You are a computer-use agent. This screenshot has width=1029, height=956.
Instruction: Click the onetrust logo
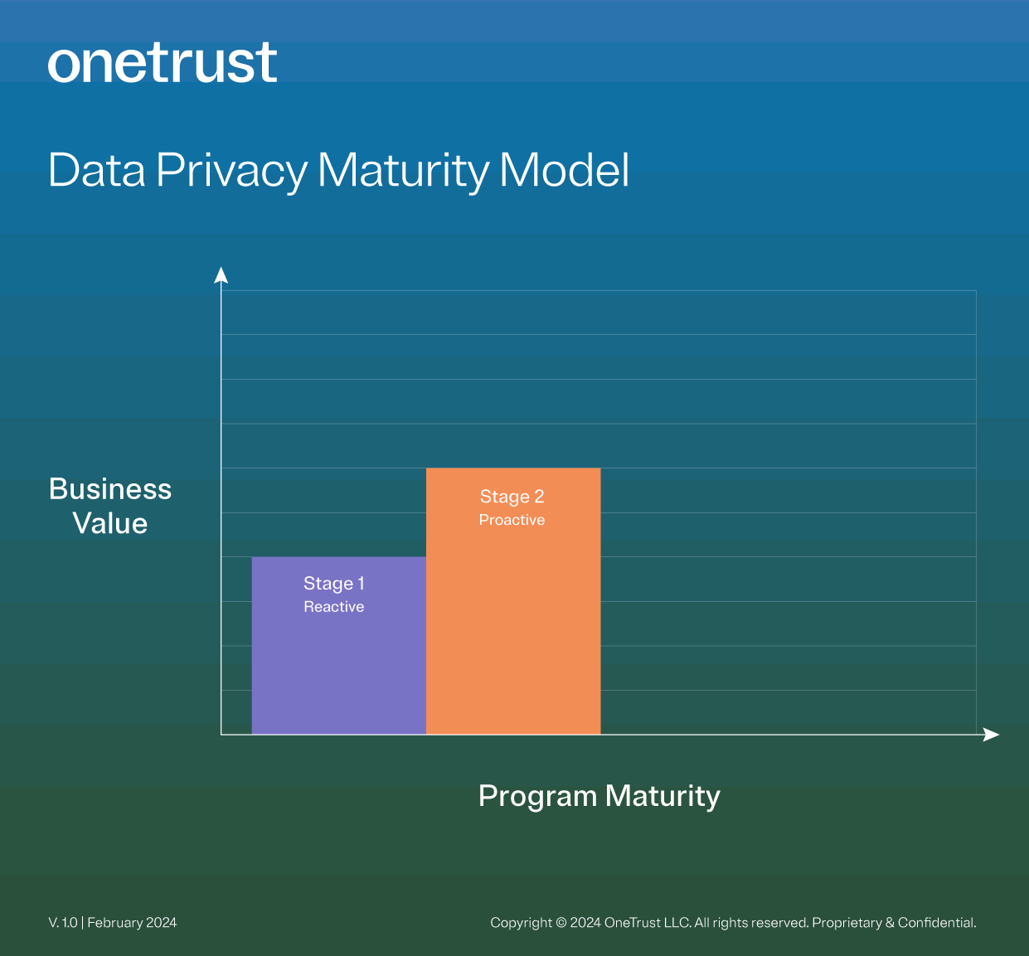pos(163,63)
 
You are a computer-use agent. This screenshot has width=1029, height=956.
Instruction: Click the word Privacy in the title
pos(231,171)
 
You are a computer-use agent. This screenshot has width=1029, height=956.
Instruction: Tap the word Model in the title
pos(564,170)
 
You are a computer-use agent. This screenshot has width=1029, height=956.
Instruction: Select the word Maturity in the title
pos(404,171)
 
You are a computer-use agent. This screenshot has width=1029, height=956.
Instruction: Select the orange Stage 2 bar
pos(512,630)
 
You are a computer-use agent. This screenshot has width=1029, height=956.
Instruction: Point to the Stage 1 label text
pos(333,584)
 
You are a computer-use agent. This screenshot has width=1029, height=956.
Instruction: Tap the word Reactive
pos(333,607)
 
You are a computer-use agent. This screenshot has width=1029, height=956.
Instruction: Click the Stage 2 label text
pos(512,497)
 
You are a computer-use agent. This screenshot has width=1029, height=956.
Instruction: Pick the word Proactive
pos(512,520)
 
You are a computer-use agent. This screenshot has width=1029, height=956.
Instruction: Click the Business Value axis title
pos(110,506)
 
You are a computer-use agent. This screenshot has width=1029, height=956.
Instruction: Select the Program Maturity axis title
pos(599,796)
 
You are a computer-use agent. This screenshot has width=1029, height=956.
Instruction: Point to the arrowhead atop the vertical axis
pos(221,275)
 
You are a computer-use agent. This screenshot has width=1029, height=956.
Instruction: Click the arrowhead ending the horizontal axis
pos(991,735)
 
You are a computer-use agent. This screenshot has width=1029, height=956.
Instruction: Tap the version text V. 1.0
pos(63,923)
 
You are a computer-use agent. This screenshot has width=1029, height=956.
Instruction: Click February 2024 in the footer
pos(132,923)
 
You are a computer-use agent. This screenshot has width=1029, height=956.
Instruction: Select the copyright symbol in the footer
pos(561,923)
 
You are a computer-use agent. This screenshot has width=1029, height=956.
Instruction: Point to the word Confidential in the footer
pos(936,923)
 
